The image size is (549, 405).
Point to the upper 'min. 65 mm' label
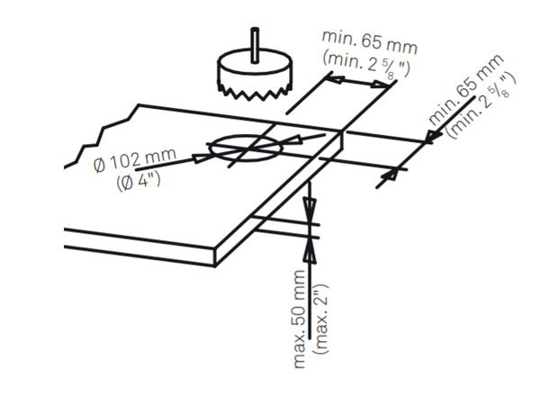tap(370, 41)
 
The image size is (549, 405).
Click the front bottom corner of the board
tap(214, 266)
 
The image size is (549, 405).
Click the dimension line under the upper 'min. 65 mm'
tap(355, 83)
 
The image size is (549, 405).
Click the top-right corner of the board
tap(343, 132)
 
